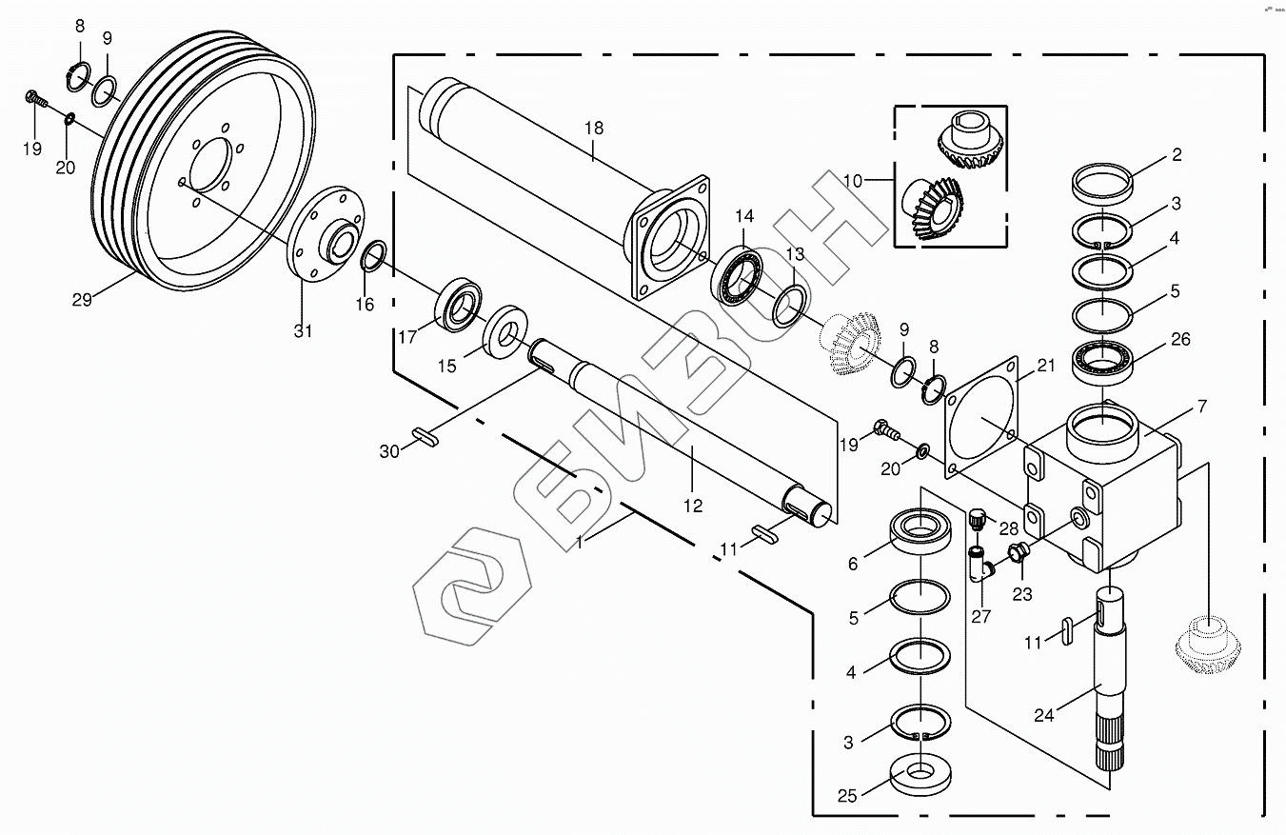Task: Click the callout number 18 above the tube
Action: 593,128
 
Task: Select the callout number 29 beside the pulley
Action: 82,299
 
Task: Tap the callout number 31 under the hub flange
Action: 303,330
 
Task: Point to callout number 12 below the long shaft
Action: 693,506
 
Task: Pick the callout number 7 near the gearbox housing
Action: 1201,407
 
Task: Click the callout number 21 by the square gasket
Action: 1046,367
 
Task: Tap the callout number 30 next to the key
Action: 389,451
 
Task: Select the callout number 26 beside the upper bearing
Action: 1179,340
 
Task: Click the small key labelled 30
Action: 425,437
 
